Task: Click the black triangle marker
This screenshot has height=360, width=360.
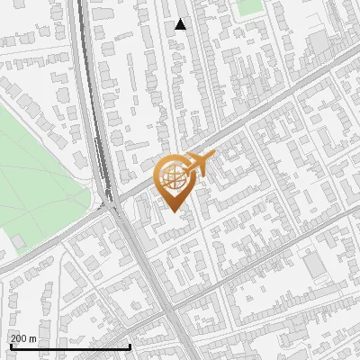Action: pyautogui.click(x=181, y=25)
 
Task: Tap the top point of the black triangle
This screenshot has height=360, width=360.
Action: pyautogui.click(x=181, y=19)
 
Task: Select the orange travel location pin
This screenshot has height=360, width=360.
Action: pyautogui.click(x=176, y=180)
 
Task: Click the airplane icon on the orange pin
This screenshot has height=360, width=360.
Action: pyautogui.click(x=200, y=164)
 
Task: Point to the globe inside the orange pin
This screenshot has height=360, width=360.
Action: pyautogui.click(x=176, y=177)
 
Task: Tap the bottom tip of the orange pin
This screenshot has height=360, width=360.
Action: pyautogui.click(x=175, y=212)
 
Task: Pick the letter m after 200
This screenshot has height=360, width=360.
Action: pyautogui.click(x=33, y=338)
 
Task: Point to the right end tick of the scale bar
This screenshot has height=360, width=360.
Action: pyautogui.click(x=130, y=345)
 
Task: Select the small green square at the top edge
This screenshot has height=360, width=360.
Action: pyautogui.click(x=248, y=7)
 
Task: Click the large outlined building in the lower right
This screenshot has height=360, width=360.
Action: pyautogui.click(x=315, y=265)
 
